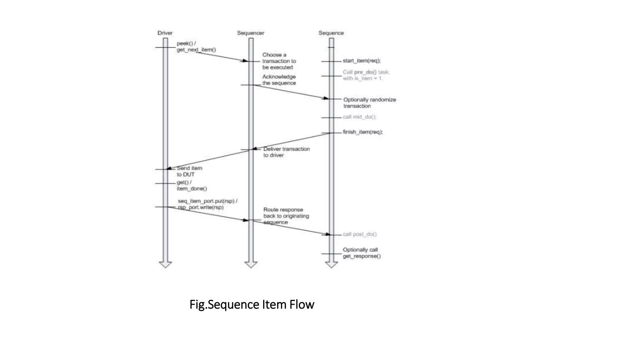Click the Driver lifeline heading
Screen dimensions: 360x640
pos(165,33)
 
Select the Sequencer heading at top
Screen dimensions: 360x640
pos(250,33)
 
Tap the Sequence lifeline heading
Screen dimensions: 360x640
pos(331,33)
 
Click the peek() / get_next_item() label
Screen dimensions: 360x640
pos(196,47)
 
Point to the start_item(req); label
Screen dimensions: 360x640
pos(362,61)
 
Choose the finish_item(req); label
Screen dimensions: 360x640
pos(362,132)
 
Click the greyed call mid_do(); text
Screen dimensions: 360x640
pos(359,117)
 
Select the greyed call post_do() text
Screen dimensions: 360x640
pos(360,234)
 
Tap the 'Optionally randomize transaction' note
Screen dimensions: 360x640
pos(369,103)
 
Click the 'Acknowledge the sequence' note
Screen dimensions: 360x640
pos(279,80)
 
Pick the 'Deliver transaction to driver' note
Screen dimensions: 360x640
pos(286,152)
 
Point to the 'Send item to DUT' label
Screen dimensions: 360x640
pos(189,171)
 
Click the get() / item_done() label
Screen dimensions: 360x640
pos(192,185)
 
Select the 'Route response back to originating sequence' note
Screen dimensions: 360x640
pos(286,216)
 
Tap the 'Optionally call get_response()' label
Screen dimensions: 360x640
pos(362,253)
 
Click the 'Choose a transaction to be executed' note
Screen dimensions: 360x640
pos(279,61)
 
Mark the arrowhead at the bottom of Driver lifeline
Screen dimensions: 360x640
pos(165,264)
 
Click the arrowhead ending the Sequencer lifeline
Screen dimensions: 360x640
pos(251,264)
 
